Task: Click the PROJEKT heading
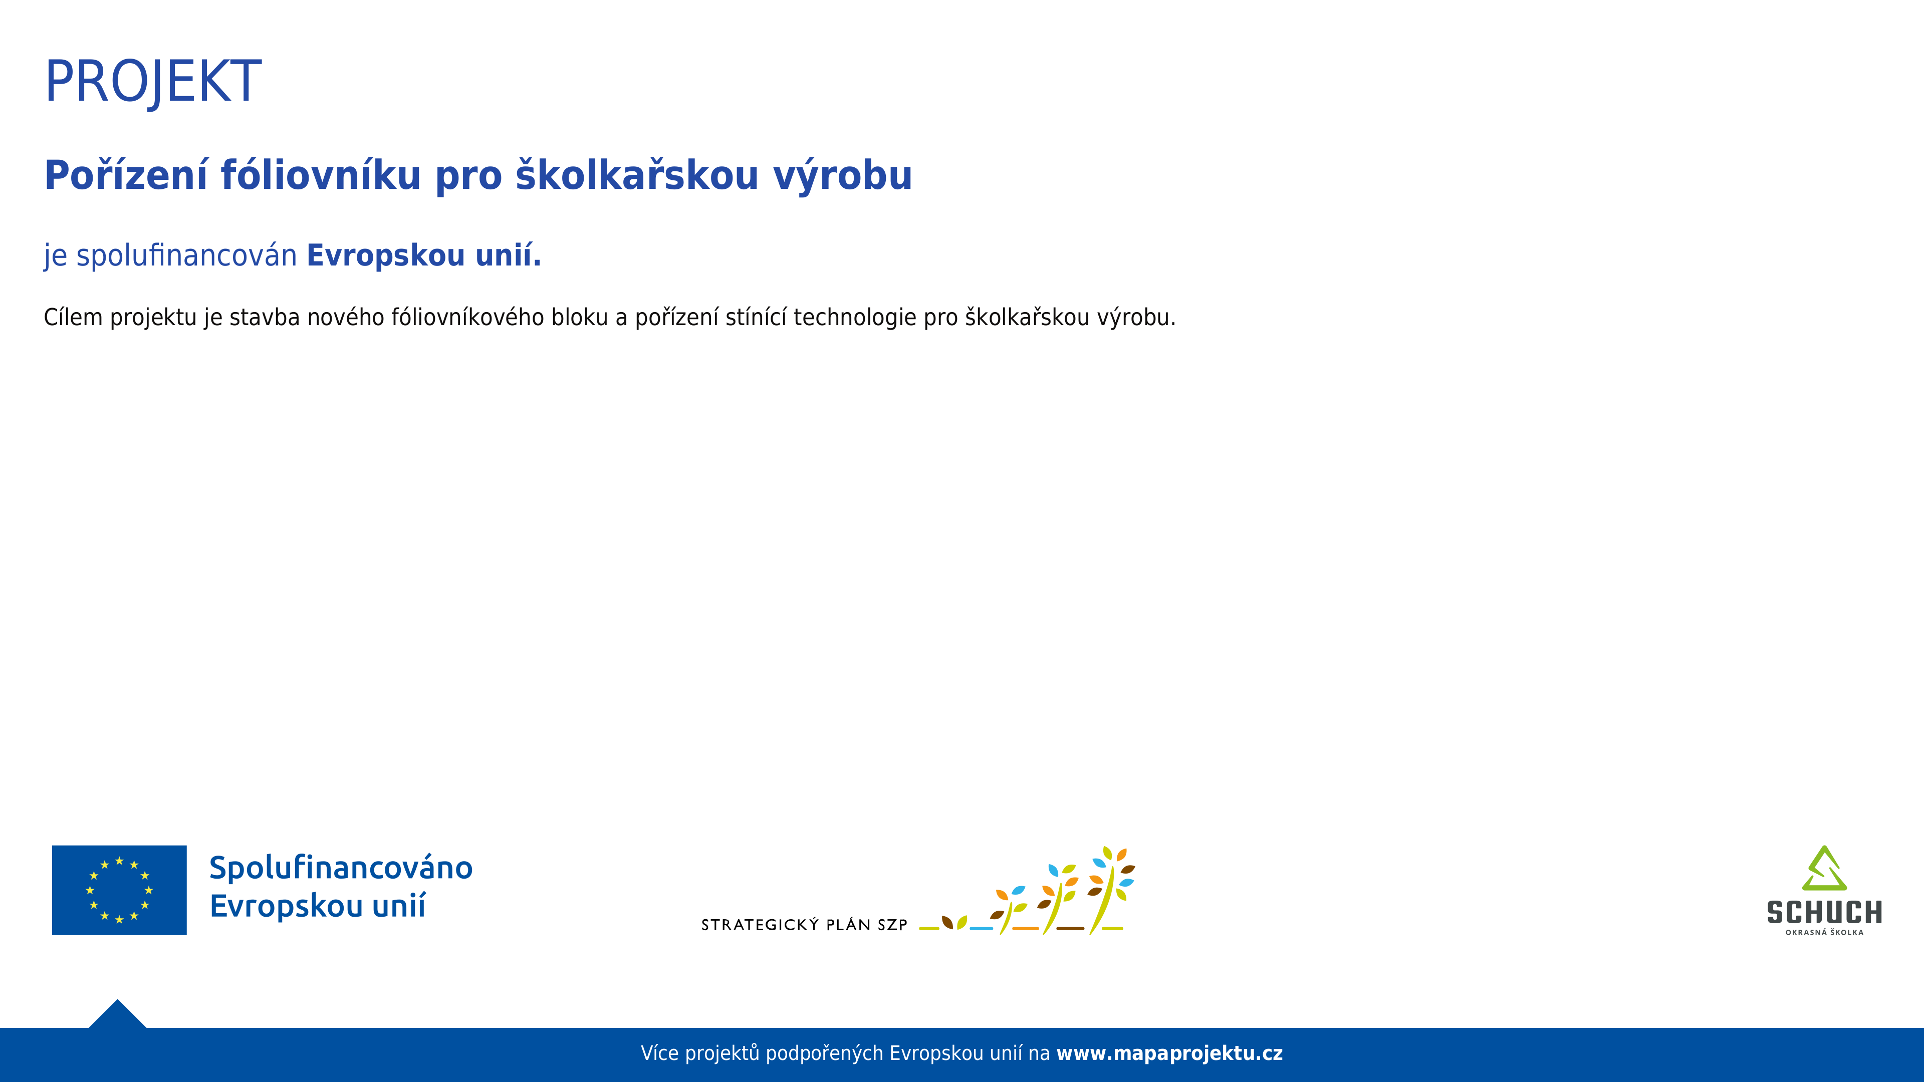pyautogui.click(x=153, y=81)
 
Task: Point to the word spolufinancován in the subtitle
pyautogui.click(x=187, y=255)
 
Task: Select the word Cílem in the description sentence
pyautogui.click(x=73, y=318)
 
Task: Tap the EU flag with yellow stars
pyautogui.click(x=120, y=890)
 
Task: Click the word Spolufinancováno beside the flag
pyautogui.click(x=341, y=868)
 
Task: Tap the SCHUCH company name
pyautogui.click(x=1824, y=913)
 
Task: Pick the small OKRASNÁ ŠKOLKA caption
pyautogui.click(x=1824, y=933)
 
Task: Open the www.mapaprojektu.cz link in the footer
pyautogui.click(x=1169, y=1053)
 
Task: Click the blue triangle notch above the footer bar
pyautogui.click(x=117, y=1015)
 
